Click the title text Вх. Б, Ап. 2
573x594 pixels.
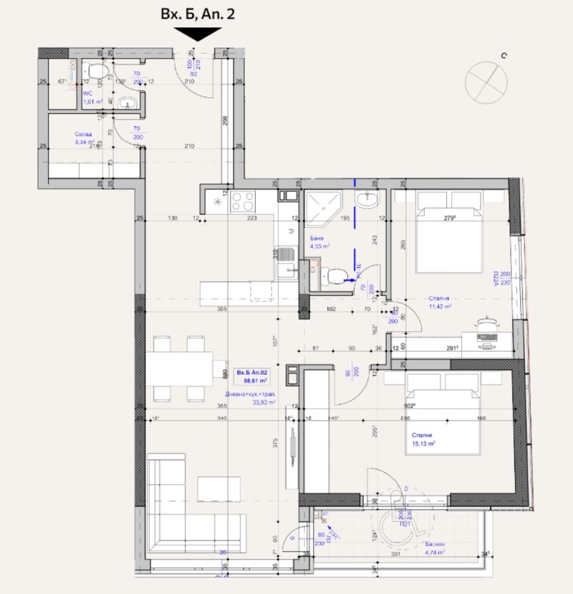tap(198, 14)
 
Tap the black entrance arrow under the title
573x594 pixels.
tap(198, 34)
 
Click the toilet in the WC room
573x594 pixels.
tap(95, 70)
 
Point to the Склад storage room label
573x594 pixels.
tap(85, 138)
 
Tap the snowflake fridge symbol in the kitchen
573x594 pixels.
tap(216, 201)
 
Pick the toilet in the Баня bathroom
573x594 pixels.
tap(332, 275)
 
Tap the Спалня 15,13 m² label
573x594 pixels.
tap(423, 439)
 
